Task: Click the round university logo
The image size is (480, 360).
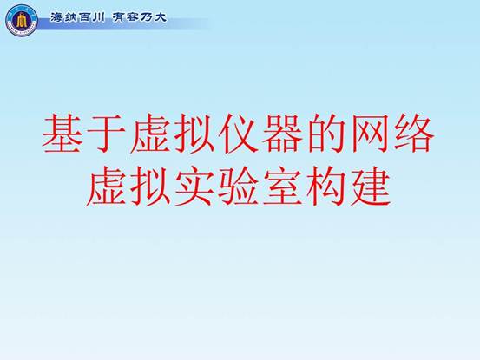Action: [x=22, y=21]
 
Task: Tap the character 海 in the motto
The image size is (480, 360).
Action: [x=56, y=17]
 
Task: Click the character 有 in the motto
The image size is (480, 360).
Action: [x=118, y=17]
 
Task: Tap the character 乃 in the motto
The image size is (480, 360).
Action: [x=146, y=17]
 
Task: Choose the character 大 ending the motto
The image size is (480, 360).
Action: [x=160, y=17]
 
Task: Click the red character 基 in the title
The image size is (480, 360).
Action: [x=62, y=134]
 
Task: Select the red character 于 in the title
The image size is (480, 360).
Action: [x=107, y=134]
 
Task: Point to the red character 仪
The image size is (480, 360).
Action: [x=238, y=134]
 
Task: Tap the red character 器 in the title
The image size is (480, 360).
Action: [x=282, y=134]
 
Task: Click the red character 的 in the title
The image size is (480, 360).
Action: [x=326, y=134]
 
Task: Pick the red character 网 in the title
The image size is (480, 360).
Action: [x=371, y=134]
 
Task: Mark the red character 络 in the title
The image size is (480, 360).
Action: [x=415, y=134]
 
